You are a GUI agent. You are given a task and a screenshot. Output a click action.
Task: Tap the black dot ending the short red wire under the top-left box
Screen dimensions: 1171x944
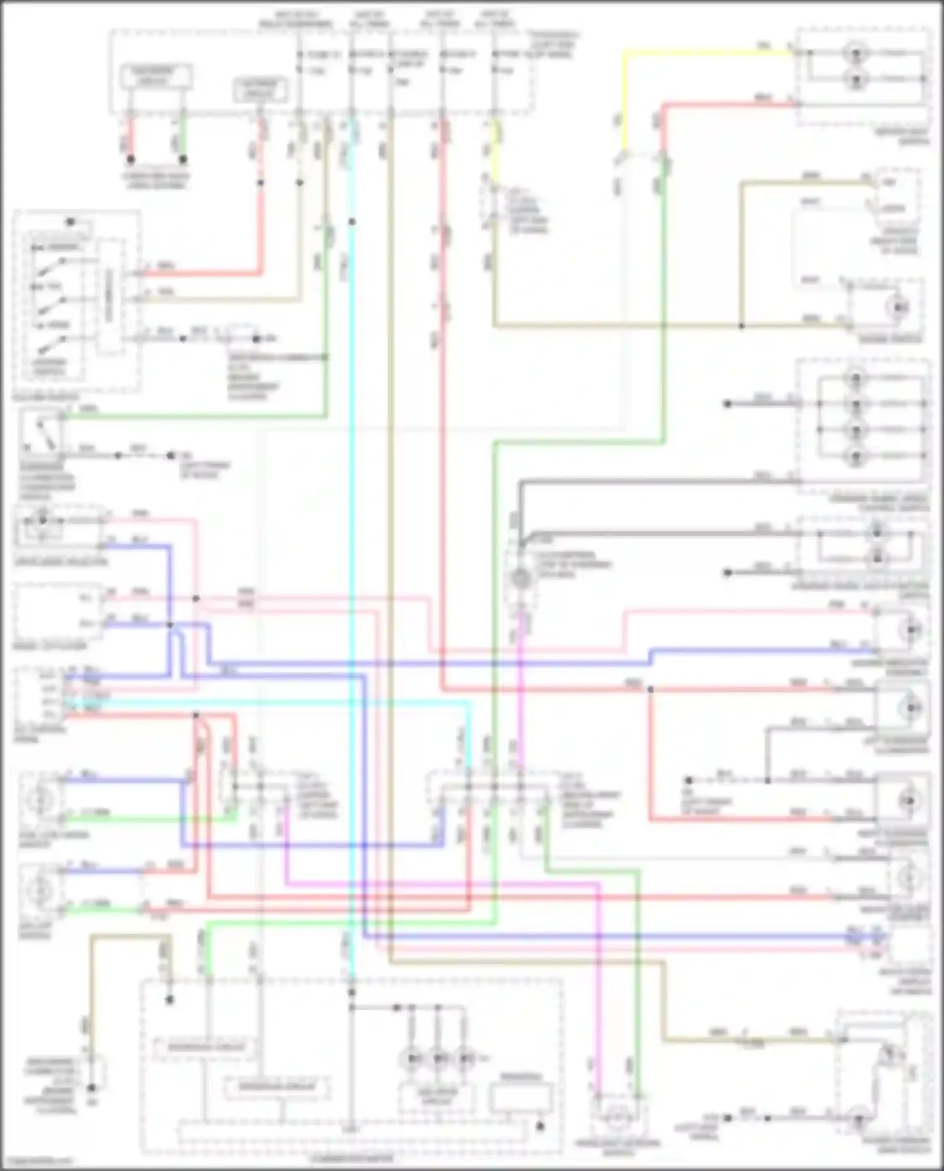pos(130,159)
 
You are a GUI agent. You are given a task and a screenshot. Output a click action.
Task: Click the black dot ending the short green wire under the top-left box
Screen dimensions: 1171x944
pos(183,159)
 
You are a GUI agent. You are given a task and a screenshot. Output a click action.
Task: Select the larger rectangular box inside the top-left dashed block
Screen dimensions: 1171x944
pos(156,77)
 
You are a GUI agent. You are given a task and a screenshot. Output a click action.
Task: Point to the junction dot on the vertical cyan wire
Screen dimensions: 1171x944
pos(352,221)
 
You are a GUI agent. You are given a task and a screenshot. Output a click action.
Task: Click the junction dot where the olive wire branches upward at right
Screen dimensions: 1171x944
pos(741,326)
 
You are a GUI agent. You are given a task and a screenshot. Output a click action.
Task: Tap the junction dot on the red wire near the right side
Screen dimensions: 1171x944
pos(650,690)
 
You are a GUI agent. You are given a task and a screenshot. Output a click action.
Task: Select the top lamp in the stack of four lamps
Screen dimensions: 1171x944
pos(856,378)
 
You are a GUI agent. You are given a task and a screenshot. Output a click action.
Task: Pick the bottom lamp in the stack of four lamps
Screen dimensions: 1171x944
pos(856,456)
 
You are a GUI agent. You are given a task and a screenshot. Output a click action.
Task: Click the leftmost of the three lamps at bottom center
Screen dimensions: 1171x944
pos(412,1058)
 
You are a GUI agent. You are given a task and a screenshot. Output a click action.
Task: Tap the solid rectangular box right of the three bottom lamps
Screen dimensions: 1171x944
pos(521,1099)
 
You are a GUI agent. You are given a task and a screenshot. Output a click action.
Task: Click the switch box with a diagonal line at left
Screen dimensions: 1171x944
pos(42,432)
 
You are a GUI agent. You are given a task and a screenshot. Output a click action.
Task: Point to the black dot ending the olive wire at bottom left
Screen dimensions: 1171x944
pos(92,1087)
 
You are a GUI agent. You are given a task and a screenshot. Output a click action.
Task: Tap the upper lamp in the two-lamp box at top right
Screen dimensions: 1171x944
pos(856,53)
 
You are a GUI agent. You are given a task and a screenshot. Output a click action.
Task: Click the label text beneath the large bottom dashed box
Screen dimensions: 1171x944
pos(352,1158)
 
